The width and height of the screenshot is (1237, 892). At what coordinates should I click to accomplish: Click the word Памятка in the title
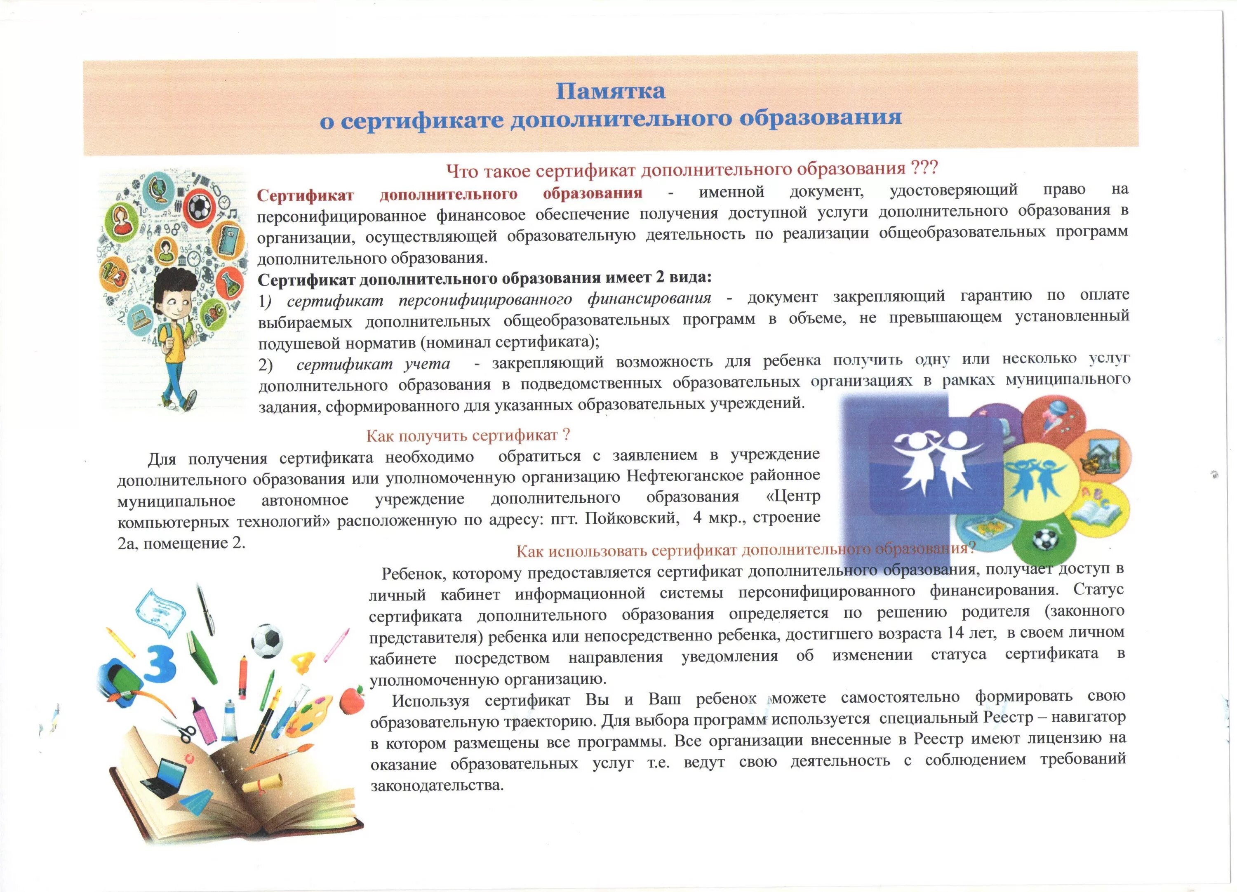pyautogui.click(x=610, y=91)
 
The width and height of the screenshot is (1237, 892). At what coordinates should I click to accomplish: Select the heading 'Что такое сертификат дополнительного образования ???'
pyautogui.click(x=691, y=169)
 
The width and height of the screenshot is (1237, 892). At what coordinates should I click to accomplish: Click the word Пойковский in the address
pyautogui.click(x=632, y=518)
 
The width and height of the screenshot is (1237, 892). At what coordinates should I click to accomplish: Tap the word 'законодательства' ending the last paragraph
pyautogui.click(x=436, y=786)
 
